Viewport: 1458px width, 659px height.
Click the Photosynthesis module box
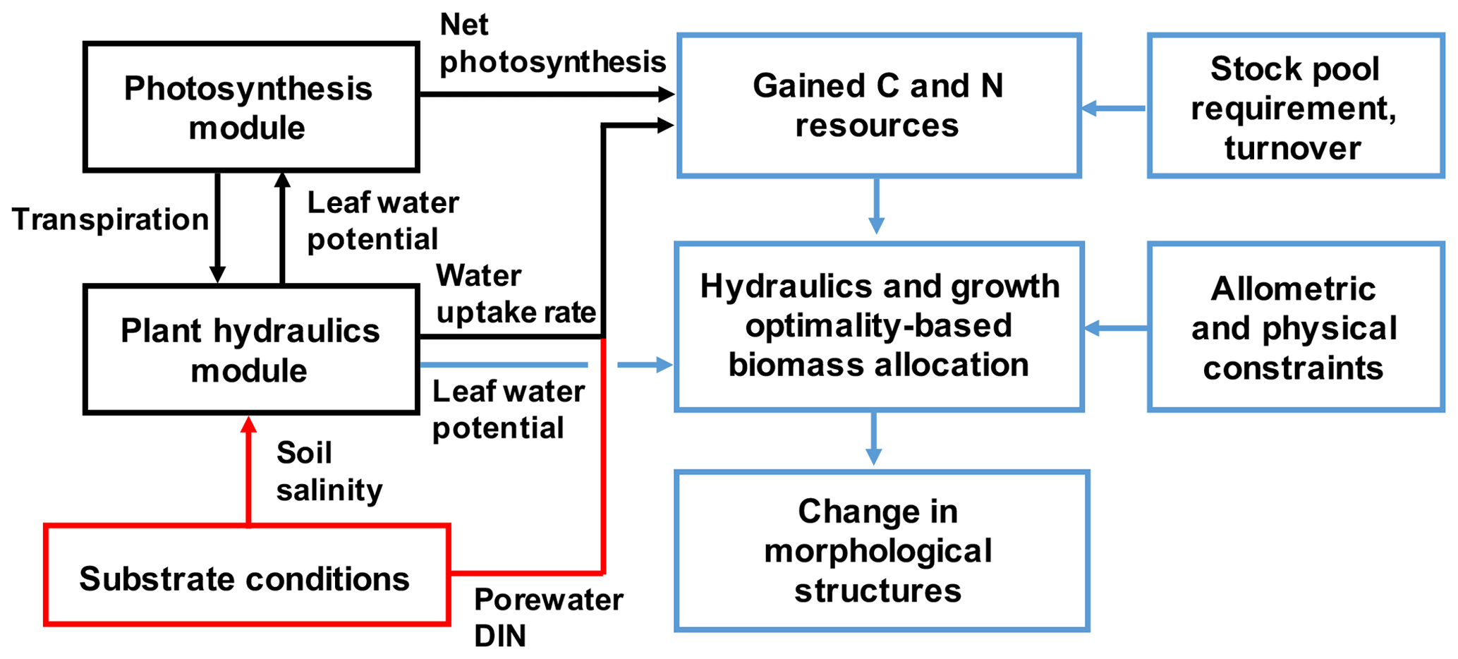click(x=251, y=107)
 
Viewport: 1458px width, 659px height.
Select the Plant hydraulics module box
click(x=251, y=349)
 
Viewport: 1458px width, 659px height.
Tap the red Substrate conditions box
click(x=246, y=575)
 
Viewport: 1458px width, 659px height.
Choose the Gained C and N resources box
click(x=878, y=105)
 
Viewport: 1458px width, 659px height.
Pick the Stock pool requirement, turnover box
click(x=1295, y=106)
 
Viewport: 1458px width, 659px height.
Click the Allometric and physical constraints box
click(x=1295, y=327)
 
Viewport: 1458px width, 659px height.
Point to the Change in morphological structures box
click(x=880, y=550)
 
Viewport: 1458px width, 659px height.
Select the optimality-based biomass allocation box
click(x=879, y=327)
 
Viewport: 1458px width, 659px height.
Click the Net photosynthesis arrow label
click(x=551, y=44)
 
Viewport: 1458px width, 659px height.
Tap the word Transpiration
click(x=110, y=219)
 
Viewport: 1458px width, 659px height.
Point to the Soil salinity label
click(x=329, y=471)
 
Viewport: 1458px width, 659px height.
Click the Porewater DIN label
click(x=547, y=617)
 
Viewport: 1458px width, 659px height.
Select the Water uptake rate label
click(x=516, y=294)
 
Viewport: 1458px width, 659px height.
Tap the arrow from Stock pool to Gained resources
click(x=1114, y=109)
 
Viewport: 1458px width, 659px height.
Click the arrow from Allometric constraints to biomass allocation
click(x=1116, y=328)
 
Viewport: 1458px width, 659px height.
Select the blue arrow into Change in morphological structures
click(x=874, y=439)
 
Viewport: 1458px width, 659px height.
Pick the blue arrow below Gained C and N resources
click(x=876, y=206)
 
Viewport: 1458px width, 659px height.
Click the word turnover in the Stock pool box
click(x=1292, y=148)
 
